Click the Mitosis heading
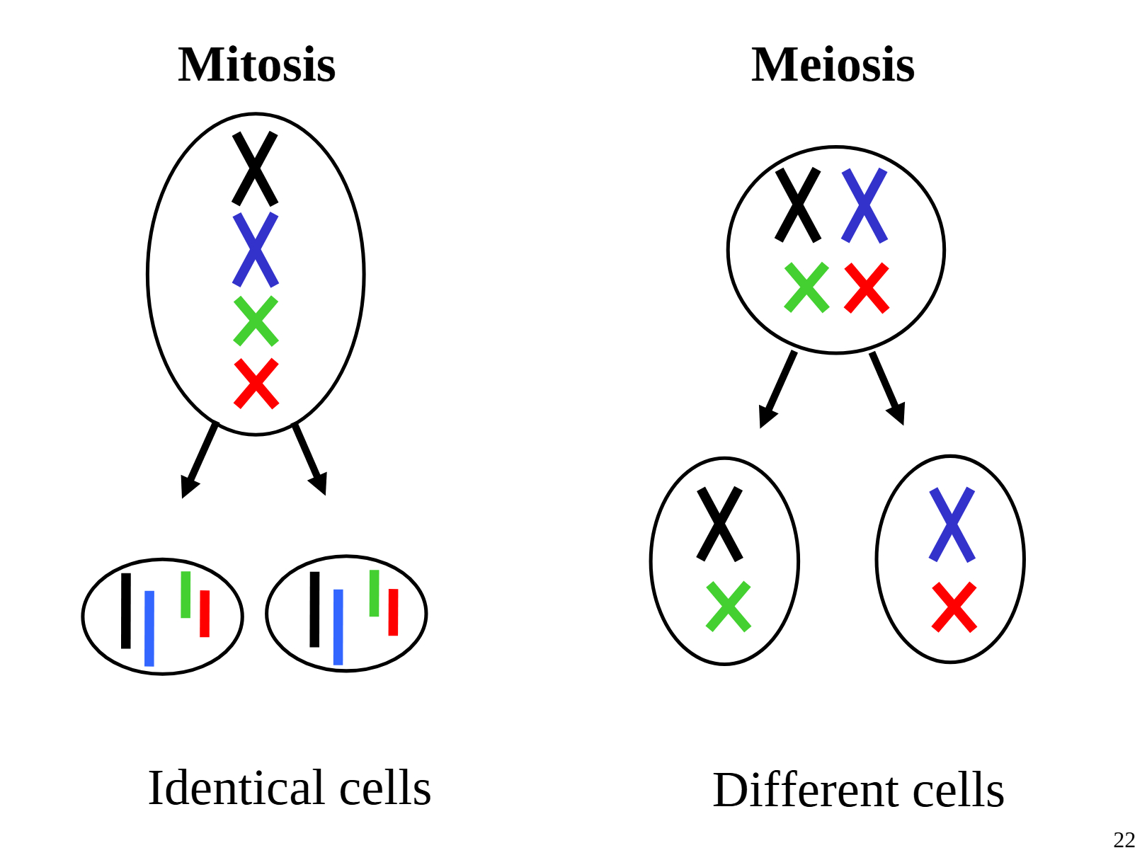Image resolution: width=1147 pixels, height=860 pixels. pyautogui.click(x=256, y=65)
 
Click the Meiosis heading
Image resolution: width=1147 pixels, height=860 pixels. pyautogui.click(x=833, y=65)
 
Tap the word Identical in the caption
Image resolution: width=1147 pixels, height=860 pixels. pyautogui.click(x=234, y=788)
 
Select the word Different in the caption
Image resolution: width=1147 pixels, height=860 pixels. pyautogui.click(x=805, y=790)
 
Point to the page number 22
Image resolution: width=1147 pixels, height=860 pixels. pyautogui.click(x=1124, y=840)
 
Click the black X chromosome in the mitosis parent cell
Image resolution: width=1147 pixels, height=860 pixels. pyautogui.click(x=255, y=168)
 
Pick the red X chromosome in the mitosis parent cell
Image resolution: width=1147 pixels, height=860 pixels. pyautogui.click(x=256, y=384)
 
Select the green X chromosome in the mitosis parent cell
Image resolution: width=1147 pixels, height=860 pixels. pyautogui.click(x=256, y=321)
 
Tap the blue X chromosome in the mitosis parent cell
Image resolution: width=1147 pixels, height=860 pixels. pyautogui.click(x=256, y=249)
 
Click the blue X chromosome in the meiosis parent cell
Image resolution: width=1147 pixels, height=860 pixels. pyautogui.click(x=864, y=205)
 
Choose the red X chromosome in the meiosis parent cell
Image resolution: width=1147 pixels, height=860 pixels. pyautogui.click(x=867, y=288)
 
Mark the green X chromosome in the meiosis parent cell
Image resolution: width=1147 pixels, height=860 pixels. pyautogui.click(x=806, y=287)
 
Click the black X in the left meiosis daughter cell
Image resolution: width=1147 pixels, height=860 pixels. pyautogui.click(x=720, y=524)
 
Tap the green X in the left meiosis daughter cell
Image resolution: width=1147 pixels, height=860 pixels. pyautogui.click(x=729, y=607)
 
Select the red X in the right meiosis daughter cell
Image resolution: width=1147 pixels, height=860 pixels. pyautogui.click(x=954, y=607)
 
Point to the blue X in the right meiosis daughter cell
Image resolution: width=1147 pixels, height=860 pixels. pyautogui.click(x=952, y=524)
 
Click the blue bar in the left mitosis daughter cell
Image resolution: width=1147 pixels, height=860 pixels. pyautogui.click(x=149, y=629)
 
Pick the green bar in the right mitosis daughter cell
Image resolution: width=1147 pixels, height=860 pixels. pyautogui.click(x=375, y=593)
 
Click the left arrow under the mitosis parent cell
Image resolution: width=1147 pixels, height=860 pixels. pyautogui.click(x=199, y=461)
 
